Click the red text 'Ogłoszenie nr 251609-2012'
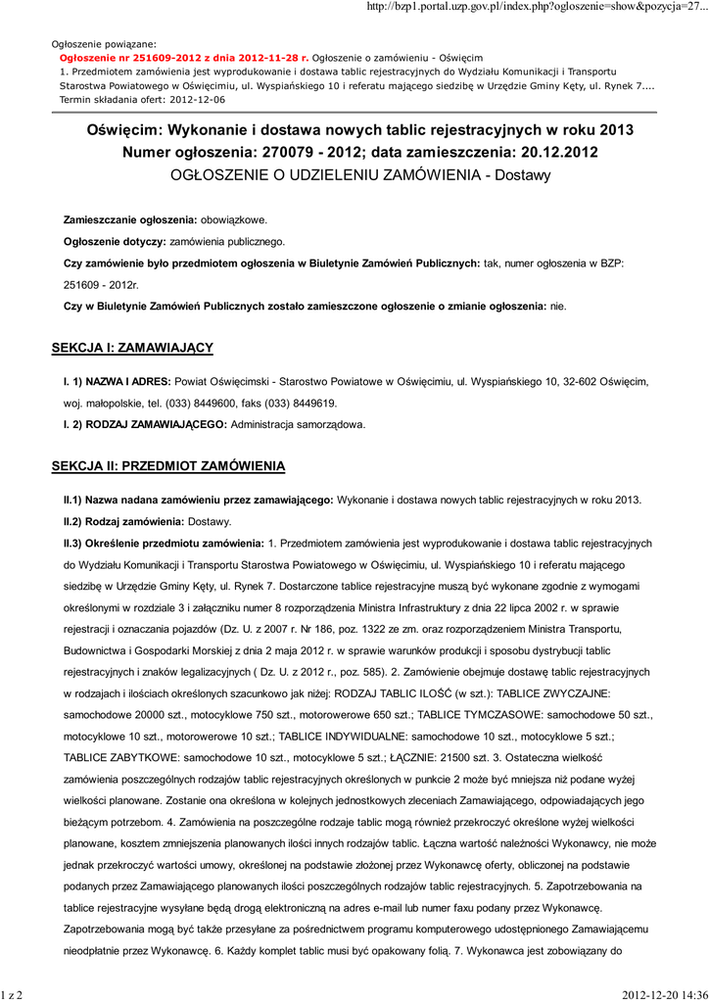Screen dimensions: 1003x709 (121, 58)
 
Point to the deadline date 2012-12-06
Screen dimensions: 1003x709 (196, 100)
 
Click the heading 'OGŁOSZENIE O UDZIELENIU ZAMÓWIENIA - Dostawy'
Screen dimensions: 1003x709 (361, 175)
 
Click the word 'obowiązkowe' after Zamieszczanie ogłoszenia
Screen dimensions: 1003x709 (234, 219)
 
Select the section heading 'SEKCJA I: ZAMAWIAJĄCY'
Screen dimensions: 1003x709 (132, 348)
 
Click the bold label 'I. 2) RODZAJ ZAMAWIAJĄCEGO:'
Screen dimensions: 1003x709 (144, 424)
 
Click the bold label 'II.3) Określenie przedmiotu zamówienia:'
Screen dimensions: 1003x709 (164, 543)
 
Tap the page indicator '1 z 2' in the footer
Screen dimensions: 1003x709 (13, 995)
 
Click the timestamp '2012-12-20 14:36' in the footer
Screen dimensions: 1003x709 (665, 995)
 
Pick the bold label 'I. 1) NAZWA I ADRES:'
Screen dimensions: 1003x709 (118, 380)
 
